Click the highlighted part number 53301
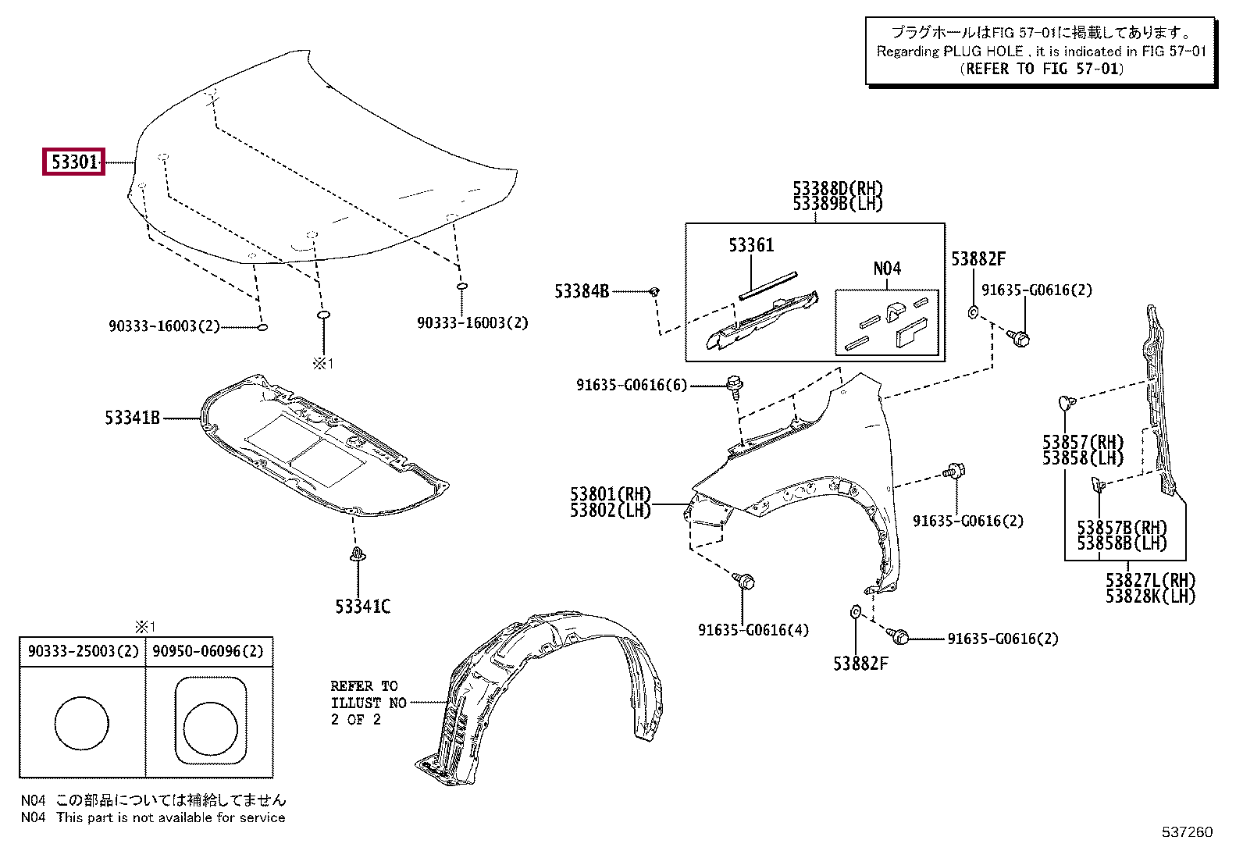coord(74,162)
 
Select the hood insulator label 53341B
coord(132,418)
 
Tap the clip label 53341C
coord(362,607)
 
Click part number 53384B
coord(582,291)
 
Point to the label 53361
coord(751,246)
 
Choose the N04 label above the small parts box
coord(887,269)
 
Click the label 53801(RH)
coord(610,494)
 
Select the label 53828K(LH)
coord(1150,596)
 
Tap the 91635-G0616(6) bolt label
coord(632,385)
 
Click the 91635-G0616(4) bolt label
coord(753,630)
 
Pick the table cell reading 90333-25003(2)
coord(83,651)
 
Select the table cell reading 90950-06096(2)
coord(208,651)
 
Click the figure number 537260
coord(1187,832)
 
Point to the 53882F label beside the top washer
coord(978,259)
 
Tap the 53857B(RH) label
coord(1121,528)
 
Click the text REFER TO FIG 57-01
coord(1042,69)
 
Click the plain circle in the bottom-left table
coord(82,723)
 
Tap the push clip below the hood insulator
coord(358,557)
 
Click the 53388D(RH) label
coord(837,189)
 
